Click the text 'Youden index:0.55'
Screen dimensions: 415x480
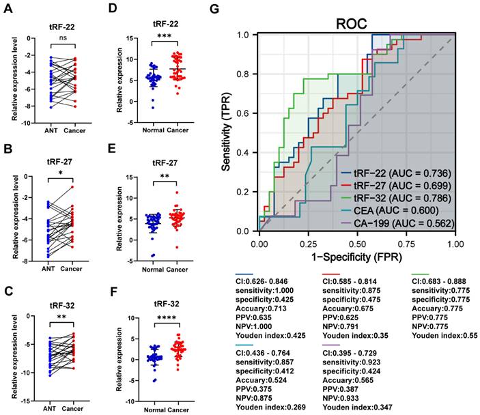[441, 336]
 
